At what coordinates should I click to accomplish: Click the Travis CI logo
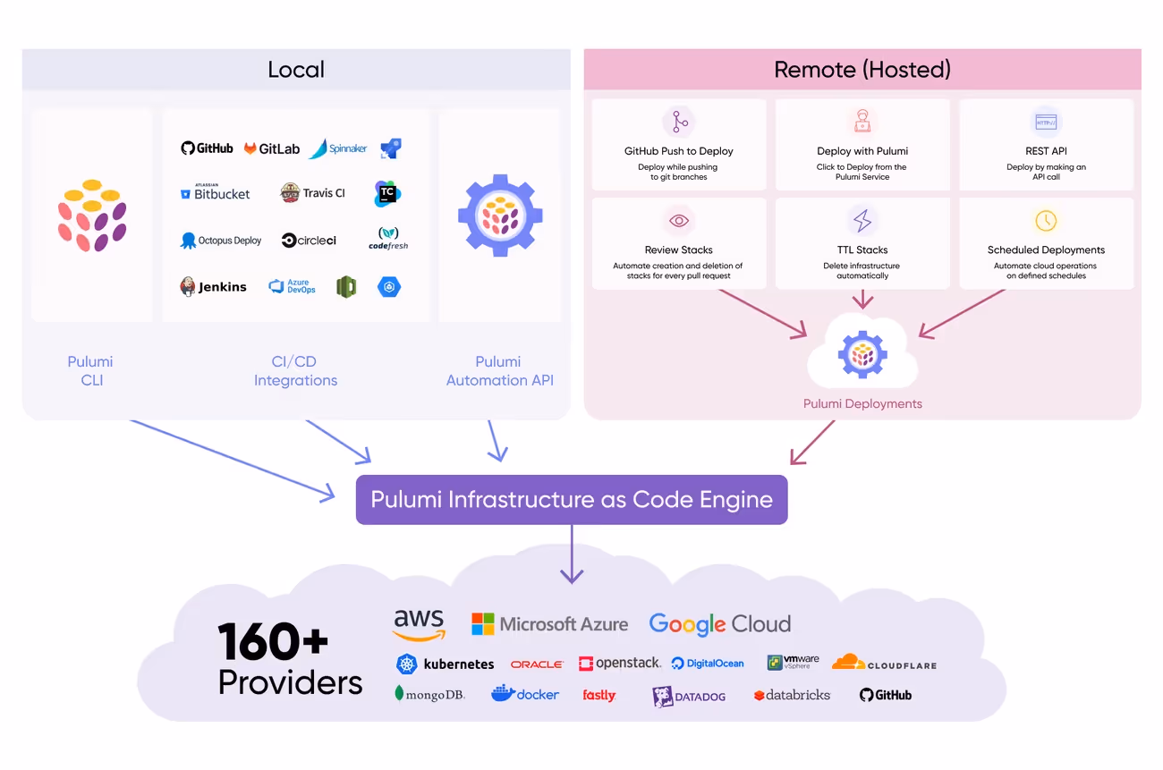point(312,193)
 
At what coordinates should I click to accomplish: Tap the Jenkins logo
point(213,286)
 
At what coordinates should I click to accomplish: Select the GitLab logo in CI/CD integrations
point(272,149)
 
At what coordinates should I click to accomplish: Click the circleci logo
point(309,241)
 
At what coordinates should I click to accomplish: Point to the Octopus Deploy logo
point(221,241)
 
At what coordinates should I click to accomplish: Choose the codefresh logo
point(388,238)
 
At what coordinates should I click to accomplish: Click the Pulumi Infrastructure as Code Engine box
point(572,500)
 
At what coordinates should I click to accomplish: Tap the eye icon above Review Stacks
point(679,221)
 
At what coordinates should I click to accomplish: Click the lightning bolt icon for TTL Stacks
point(862,221)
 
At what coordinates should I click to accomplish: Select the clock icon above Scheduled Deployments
point(1046,221)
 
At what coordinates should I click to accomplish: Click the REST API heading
point(1046,151)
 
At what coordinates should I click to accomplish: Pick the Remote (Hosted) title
point(862,70)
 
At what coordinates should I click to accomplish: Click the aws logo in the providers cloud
point(419,624)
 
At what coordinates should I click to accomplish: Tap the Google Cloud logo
point(719,624)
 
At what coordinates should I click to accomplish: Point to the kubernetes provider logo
point(445,664)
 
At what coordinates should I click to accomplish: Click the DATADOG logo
point(689,697)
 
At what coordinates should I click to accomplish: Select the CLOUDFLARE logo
point(884,663)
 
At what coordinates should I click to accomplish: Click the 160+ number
point(273,641)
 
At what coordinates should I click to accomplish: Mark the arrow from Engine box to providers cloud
point(572,554)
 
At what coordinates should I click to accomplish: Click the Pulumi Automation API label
point(499,371)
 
